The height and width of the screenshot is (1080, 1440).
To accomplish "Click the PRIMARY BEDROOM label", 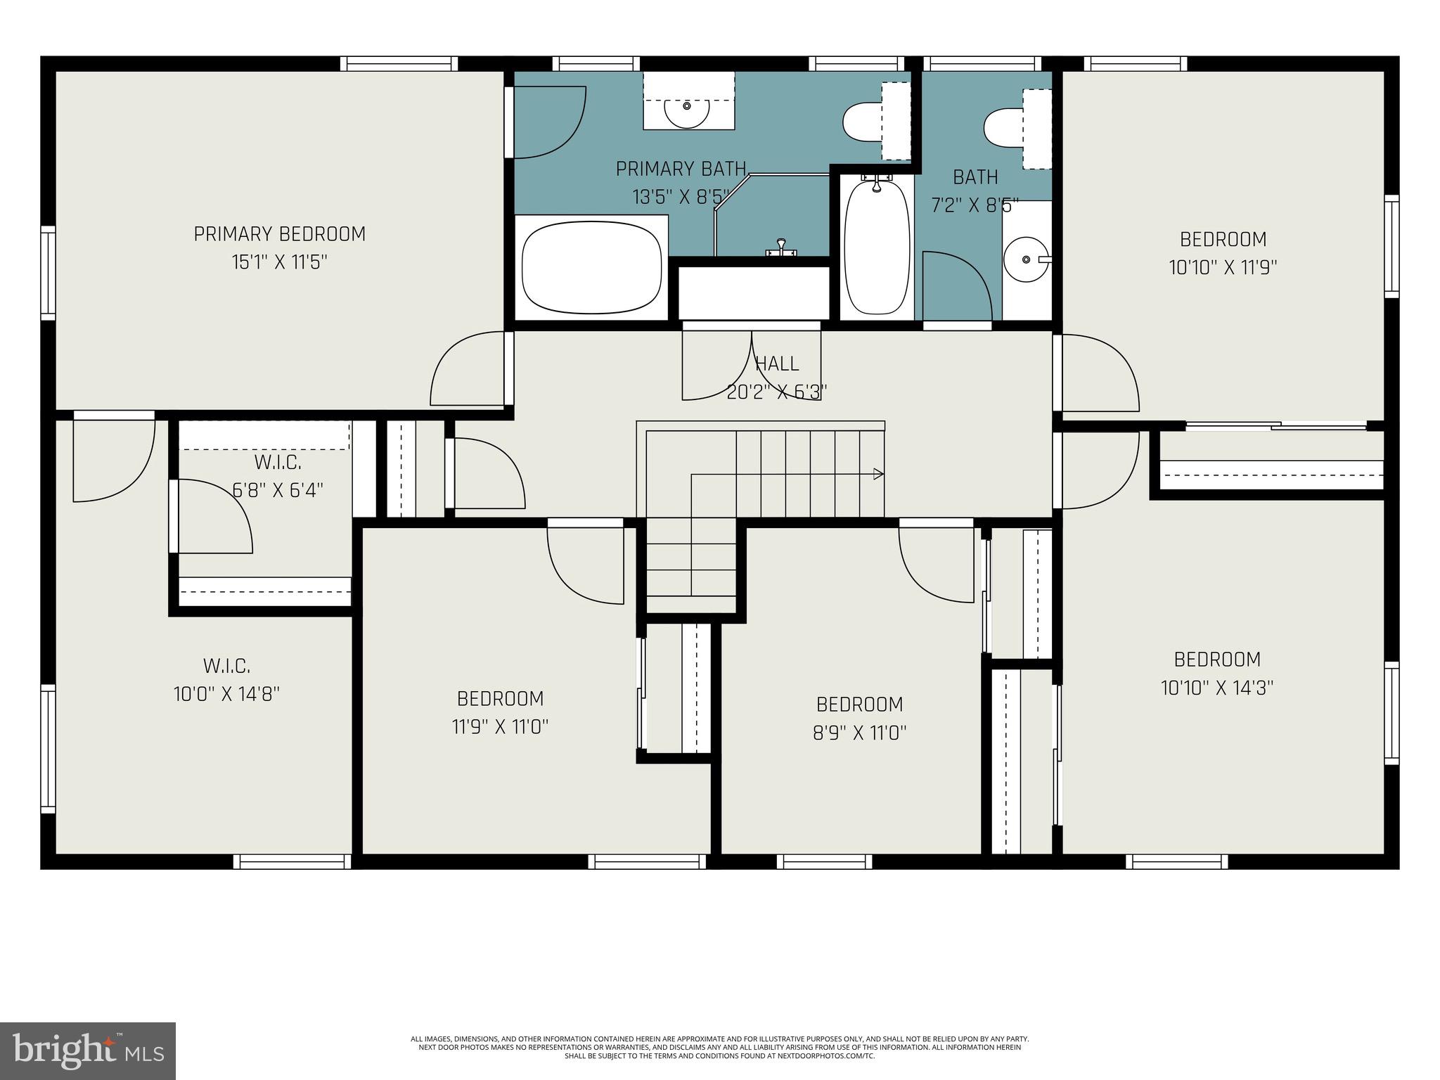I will (280, 234).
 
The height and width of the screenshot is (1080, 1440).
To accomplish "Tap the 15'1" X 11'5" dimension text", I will (280, 263).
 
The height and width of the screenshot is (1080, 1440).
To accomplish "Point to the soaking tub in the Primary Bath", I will (592, 268).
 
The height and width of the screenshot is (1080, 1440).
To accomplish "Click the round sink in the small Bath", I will (1027, 259).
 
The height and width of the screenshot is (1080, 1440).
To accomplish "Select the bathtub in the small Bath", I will (877, 246).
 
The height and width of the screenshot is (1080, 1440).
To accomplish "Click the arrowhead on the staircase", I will (878, 474).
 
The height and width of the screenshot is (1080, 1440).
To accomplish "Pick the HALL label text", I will (777, 364).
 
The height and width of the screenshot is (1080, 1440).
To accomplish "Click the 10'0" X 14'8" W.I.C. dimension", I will (226, 694).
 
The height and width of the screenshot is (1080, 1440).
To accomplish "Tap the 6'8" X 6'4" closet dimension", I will (278, 490).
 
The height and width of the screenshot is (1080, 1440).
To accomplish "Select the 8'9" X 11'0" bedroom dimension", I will (859, 733).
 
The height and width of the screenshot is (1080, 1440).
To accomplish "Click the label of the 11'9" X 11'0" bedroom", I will (500, 699).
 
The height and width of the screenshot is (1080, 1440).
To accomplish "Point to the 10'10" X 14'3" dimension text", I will (1217, 688).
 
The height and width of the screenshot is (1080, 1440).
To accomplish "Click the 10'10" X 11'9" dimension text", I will (1223, 268).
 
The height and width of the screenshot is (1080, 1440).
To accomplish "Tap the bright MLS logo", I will (87, 1051).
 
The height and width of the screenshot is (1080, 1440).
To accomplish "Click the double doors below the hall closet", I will (751, 366).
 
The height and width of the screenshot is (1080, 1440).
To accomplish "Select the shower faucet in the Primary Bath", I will (780, 247).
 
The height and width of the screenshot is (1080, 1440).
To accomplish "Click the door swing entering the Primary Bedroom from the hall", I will (467, 370).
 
